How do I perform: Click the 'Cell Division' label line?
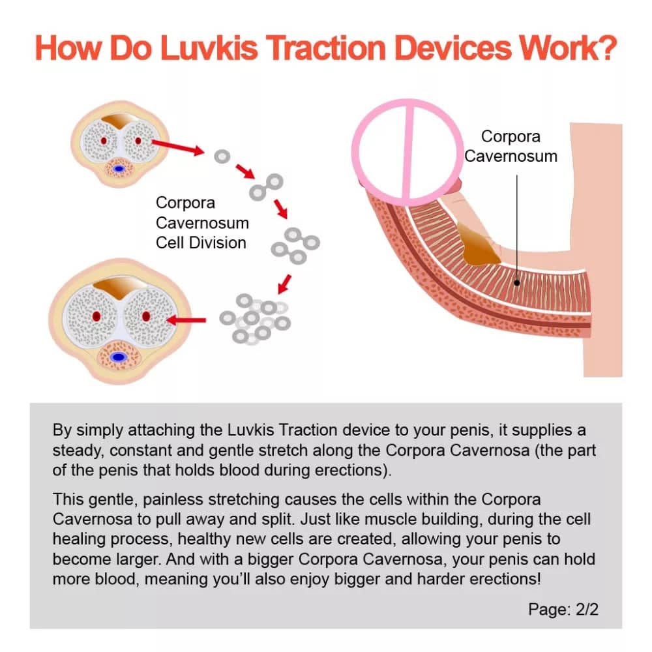point(201,243)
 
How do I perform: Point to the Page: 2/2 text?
point(563,609)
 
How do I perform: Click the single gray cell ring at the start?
point(222,156)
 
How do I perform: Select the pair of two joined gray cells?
point(266,187)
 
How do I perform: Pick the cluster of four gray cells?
point(295,246)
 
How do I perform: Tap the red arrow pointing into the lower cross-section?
point(186,320)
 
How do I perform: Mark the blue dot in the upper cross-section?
point(119,169)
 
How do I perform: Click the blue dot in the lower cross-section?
point(119,357)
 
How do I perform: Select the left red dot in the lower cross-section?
point(96,316)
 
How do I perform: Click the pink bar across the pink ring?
point(407,152)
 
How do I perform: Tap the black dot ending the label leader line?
point(517,283)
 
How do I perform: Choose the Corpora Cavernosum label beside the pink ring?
point(511,146)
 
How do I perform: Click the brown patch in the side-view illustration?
point(478,243)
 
